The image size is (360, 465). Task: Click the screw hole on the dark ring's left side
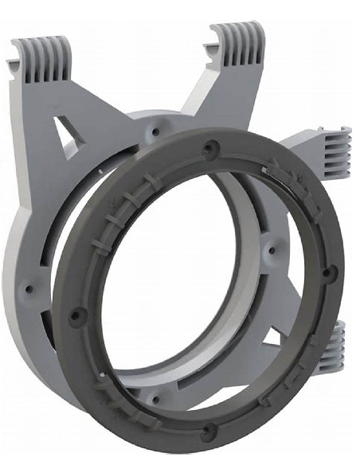click(x=76, y=315)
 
